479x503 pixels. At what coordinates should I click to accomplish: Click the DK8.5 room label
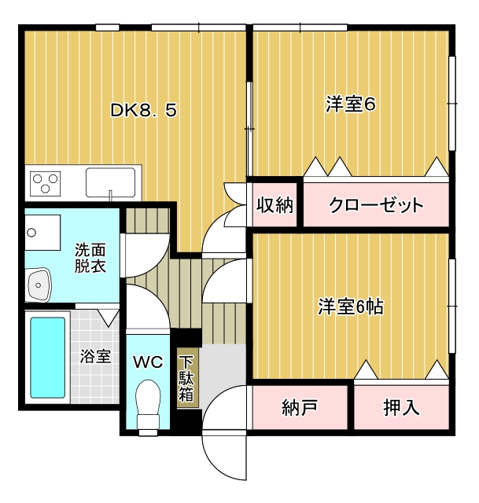click(143, 110)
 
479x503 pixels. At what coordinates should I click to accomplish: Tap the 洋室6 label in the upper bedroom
click(350, 104)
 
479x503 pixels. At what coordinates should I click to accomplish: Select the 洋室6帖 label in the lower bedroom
click(351, 307)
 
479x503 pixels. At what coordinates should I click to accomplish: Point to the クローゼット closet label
click(376, 204)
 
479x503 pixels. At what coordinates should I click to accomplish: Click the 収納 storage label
click(275, 204)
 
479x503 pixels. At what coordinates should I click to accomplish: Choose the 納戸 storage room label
click(300, 407)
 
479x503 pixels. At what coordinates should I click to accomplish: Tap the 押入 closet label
click(401, 407)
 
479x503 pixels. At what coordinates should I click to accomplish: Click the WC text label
click(148, 362)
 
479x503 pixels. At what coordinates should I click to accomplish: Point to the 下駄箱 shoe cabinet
click(186, 378)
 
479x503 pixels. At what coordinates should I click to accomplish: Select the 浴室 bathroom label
click(95, 356)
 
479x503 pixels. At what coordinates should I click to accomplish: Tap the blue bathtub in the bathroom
click(47, 358)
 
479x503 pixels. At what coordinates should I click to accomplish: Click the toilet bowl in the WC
click(148, 405)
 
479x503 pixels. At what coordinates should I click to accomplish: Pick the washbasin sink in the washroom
click(39, 285)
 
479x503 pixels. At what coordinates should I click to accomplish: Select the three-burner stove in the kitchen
click(46, 183)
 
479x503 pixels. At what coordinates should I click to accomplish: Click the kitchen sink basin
click(110, 182)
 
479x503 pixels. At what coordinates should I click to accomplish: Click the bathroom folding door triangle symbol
click(109, 318)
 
